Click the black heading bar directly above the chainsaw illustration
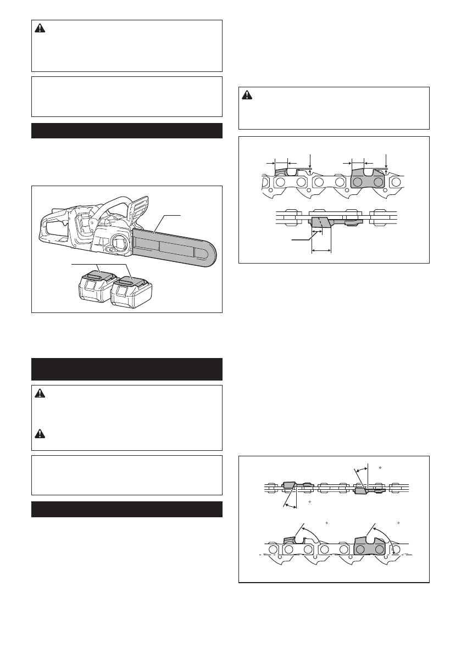(x=126, y=131)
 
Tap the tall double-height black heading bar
(x=126, y=369)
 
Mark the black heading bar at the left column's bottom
(x=126, y=509)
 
